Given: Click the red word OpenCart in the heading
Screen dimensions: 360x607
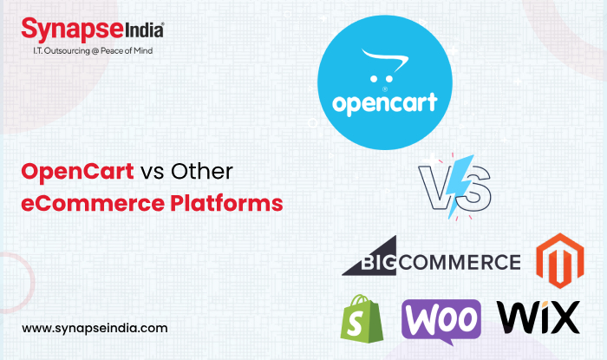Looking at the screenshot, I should tap(77, 171).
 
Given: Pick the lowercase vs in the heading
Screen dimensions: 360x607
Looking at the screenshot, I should tap(153, 172).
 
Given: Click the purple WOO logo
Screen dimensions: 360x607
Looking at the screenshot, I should tap(441, 318).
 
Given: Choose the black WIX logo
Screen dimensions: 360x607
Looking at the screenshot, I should tap(537, 318).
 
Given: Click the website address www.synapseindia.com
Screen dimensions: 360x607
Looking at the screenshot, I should tap(95, 329).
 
